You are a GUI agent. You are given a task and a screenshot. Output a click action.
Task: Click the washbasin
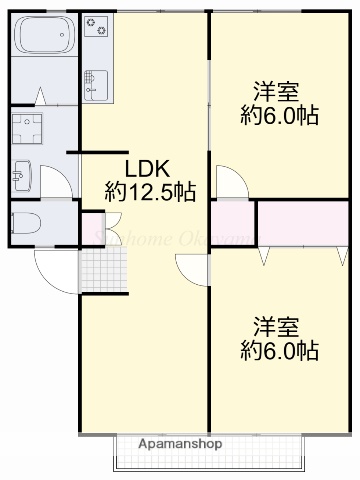[21, 175]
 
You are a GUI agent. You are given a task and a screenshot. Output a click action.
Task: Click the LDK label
[145, 167]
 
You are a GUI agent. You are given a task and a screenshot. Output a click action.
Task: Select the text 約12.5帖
[150, 190]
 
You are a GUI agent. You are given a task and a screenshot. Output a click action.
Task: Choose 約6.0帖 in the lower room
[280, 351]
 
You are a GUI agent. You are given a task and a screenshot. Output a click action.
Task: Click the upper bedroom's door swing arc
[227, 182]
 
